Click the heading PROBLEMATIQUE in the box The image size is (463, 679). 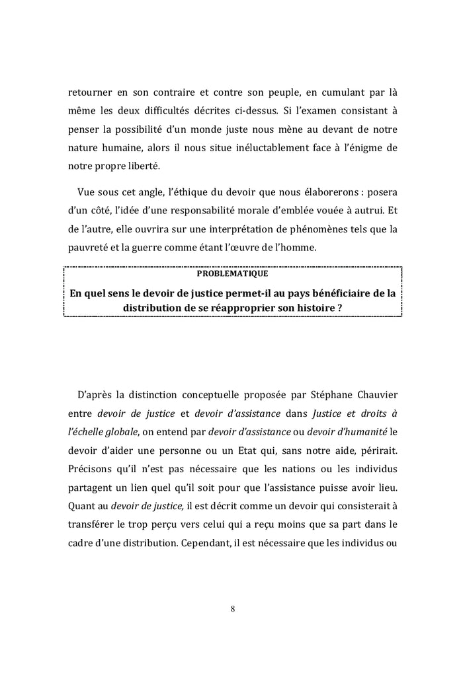(232, 273)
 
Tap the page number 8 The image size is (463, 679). (232, 608)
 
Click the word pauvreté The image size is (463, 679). (89, 249)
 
